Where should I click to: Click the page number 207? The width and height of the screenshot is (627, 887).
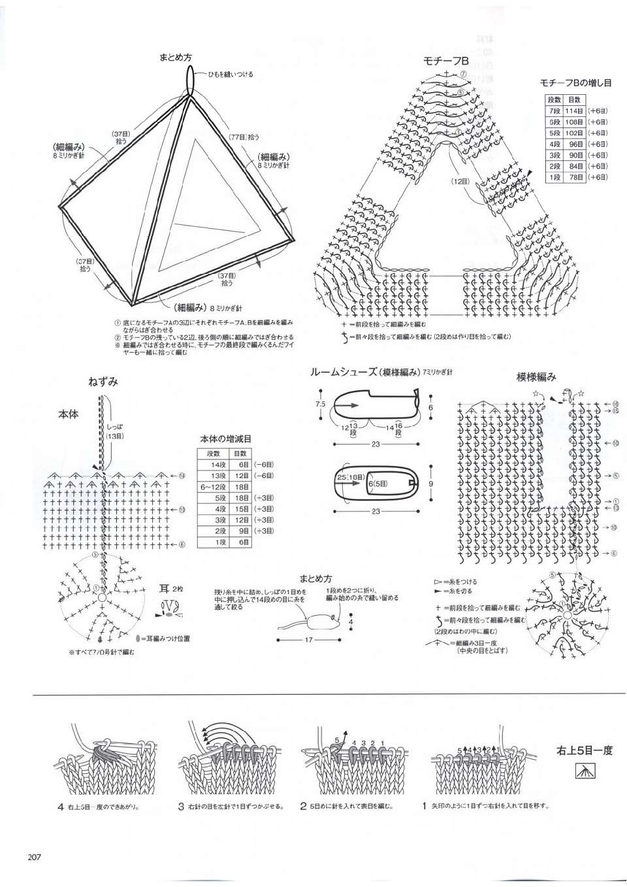(x=34, y=857)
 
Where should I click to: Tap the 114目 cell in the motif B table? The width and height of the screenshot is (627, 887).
(x=574, y=111)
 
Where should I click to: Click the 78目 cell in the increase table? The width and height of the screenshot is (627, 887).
(x=574, y=177)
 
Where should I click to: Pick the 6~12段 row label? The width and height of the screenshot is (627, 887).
(x=214, y=487)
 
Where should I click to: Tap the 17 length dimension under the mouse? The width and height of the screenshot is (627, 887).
(x=309, y=640)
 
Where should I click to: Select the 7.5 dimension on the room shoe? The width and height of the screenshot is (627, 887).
(x=320, y=404)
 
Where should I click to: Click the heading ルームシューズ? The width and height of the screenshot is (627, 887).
(x=345, y=372)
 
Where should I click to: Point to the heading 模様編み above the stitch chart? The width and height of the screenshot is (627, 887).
(x=536, y=377)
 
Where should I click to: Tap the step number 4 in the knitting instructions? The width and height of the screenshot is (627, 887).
(x=60, y=807)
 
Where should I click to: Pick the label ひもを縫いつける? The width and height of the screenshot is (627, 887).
(x=230, y=75)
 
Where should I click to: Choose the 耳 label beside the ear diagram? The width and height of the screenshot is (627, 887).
(x=165, y=588)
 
